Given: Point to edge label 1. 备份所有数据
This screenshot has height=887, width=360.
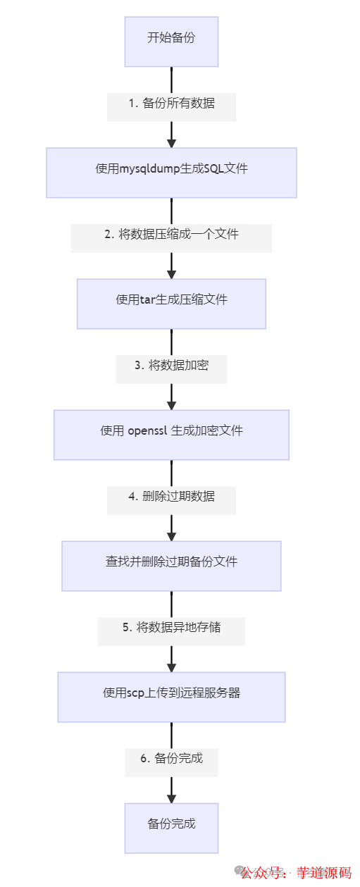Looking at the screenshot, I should point(171,104).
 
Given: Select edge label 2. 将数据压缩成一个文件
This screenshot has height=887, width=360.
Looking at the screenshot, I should point(171,235).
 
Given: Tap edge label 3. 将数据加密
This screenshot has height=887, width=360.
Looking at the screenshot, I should point(171,366).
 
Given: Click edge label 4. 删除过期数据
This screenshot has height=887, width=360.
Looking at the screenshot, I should point(171,497).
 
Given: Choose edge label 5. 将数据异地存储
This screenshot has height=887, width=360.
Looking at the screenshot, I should point(171,628).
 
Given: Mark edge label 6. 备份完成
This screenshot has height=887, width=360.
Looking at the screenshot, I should point(171,759).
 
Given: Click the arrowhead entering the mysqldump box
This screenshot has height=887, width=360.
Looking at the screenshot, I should point(171,142).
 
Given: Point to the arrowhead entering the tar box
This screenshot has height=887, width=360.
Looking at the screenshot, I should point(171,273).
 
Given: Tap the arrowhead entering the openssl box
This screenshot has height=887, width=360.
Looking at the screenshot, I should point(171,404).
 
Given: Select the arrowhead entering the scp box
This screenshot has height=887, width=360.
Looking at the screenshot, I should point(171,666).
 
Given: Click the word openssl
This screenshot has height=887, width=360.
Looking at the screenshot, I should point(147,431).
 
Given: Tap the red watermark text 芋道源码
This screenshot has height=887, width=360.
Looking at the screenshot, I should point(323,873).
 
